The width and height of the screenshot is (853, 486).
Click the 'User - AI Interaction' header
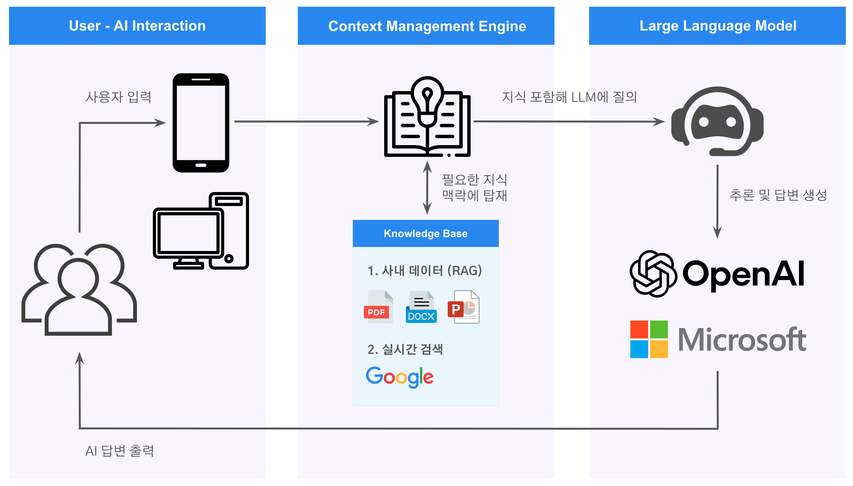point(137,26)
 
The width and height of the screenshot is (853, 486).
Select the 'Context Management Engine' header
point(426,26)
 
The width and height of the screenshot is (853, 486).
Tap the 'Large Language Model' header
point(717,26)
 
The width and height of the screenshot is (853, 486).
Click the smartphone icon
point(201,123)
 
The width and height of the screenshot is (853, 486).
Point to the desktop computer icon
point(201,231)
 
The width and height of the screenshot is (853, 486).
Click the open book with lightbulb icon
point(427,117)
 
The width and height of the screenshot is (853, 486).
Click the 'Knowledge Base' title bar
point(426,233)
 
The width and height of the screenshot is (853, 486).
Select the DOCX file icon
point(421,307)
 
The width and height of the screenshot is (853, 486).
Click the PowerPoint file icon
point(463,307)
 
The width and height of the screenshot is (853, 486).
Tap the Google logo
point(400,377)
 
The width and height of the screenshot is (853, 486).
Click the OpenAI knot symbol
point(653,274)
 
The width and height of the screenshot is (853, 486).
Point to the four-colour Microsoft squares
point(649,339)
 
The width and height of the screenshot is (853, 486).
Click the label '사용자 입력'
point(119,97)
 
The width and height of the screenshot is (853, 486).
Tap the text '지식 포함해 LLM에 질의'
point(569,97)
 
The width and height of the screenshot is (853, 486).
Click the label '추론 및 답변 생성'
point(778,195)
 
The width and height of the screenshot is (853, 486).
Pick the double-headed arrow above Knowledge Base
point(427,188)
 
